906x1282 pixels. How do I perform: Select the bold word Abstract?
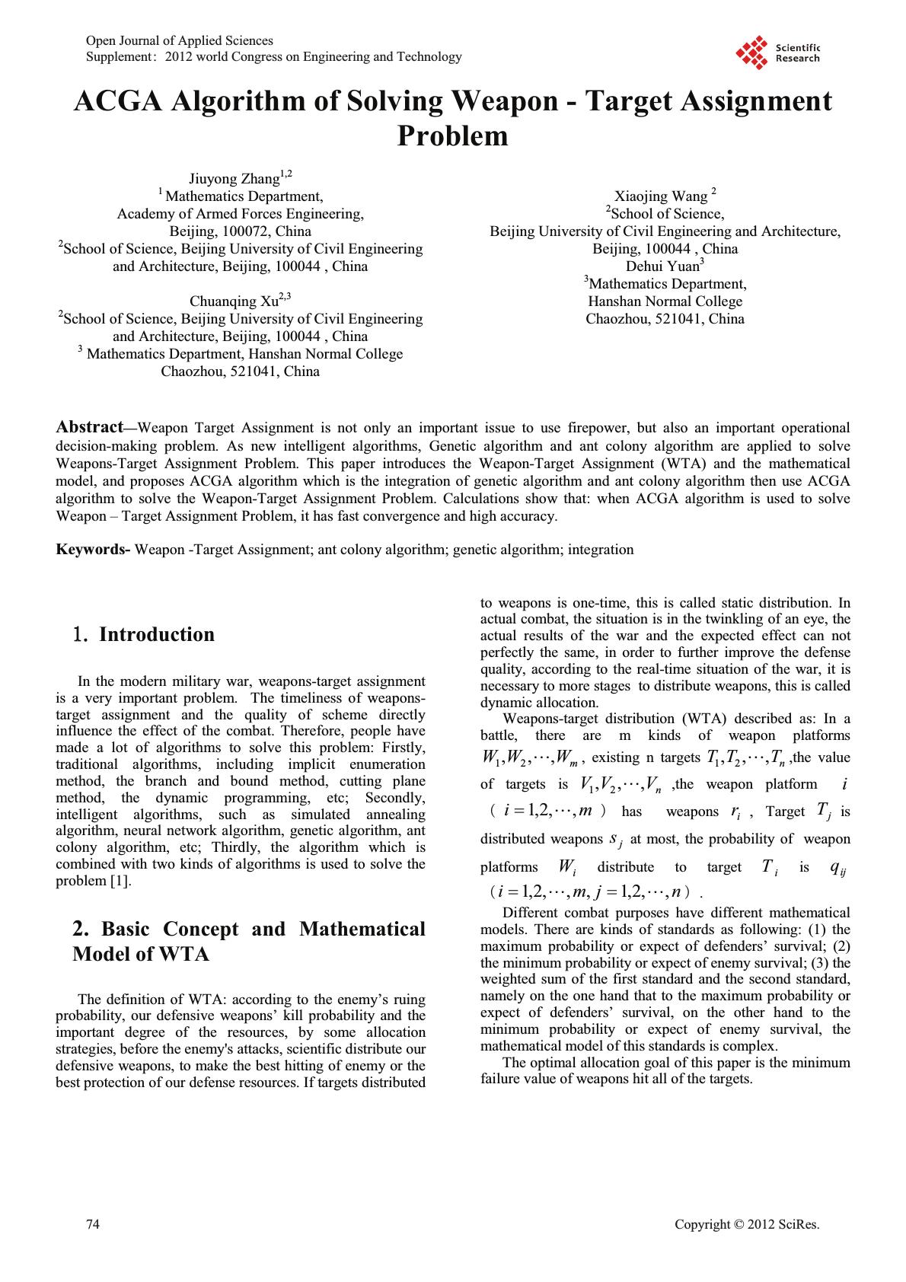(90, 427)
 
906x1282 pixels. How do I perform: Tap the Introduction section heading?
(156, 635)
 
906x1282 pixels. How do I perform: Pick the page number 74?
(93, 1224)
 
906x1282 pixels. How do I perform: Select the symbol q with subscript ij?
(837, 868)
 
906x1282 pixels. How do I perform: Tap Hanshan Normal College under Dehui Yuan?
(665, 301)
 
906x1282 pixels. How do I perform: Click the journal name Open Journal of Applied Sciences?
(180, 40)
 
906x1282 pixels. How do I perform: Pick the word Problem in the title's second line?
(452, 136)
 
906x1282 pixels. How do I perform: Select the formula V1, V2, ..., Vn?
(620, 786)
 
